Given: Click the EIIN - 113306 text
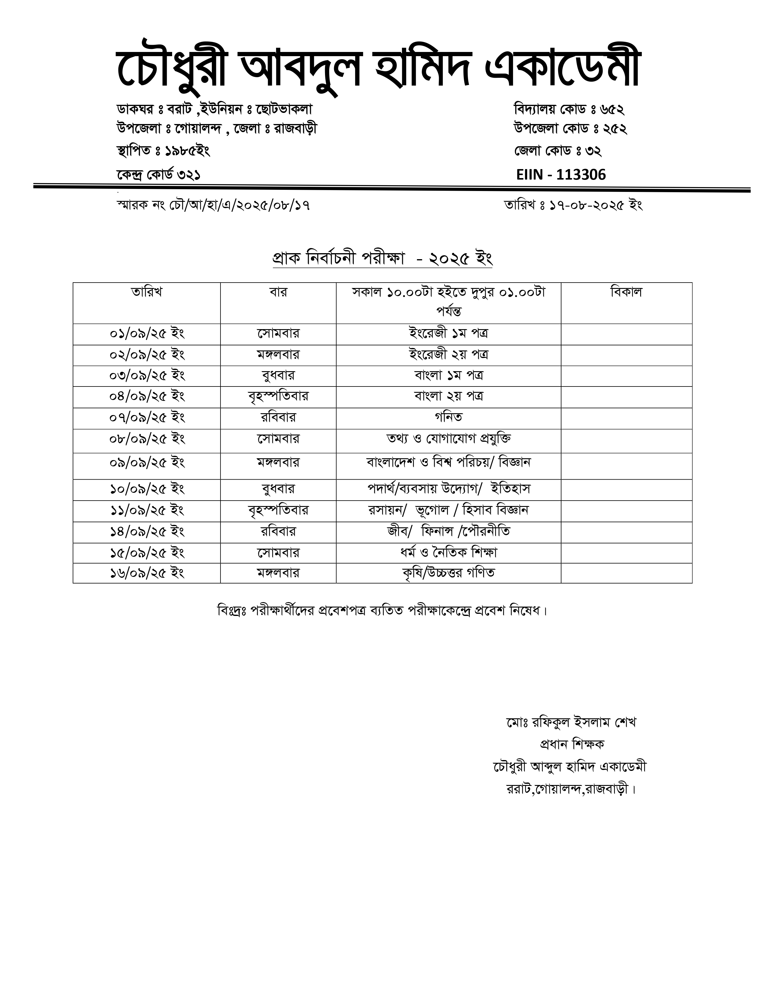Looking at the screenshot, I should pyautogui.click(x=561, y=175).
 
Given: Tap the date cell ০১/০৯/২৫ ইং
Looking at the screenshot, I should pyautogui.click(x=147, y=334).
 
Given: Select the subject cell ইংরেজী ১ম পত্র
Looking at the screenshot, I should pyautogui.click(x=448, y=334).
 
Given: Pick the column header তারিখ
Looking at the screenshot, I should pyautogui.click(x=147, y=292).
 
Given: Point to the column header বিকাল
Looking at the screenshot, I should pyautogui.click(x=626, y=292).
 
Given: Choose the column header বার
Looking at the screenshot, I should pyautogui.click(x=278, y=292).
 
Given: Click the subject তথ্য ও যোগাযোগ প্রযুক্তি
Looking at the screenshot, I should pyautogui.click(x=448, y=439).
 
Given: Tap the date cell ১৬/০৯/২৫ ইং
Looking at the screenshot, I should pyautogui.click(x=147, y=573).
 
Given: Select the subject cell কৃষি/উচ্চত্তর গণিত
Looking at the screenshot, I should pyautogui.click(x=448, y=573).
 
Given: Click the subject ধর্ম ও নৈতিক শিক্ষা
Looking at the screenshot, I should pyautogui.click(x=448, y=553).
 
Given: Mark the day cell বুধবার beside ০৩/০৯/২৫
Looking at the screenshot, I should pyautogui.click(x=278, y=376).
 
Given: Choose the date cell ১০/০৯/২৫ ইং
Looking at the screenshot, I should pyautogui.click(x=147, y=489).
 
